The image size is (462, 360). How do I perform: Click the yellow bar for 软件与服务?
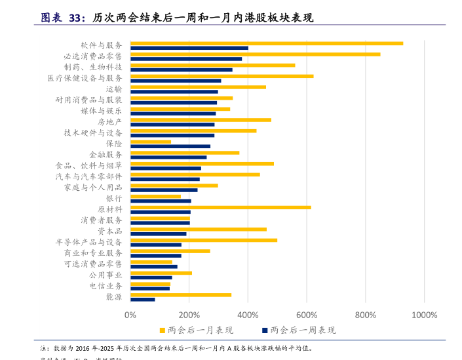tap(266, 43)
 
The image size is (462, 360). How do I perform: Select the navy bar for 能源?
tap(143, 300)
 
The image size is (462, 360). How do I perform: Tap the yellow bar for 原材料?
tap(220, 207)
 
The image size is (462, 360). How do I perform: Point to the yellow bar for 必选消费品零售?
tap(255, 54)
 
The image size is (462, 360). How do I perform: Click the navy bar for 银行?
tap(161, 201)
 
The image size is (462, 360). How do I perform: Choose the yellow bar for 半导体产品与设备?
tap(203, 240)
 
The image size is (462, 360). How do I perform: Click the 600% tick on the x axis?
tap(307, 315)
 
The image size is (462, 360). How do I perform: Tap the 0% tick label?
tap(130, 315)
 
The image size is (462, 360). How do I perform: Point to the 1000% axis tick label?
tap(424, 315)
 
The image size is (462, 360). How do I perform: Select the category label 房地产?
tap(109, 122)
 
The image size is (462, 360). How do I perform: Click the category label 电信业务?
tap(106, 286)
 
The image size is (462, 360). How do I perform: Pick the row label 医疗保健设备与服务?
tap(85, 78)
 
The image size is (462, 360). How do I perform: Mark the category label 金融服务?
tap(106, 155)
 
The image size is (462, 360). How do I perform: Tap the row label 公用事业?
tap(106, 275)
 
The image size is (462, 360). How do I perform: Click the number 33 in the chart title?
tap(75, 18)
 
